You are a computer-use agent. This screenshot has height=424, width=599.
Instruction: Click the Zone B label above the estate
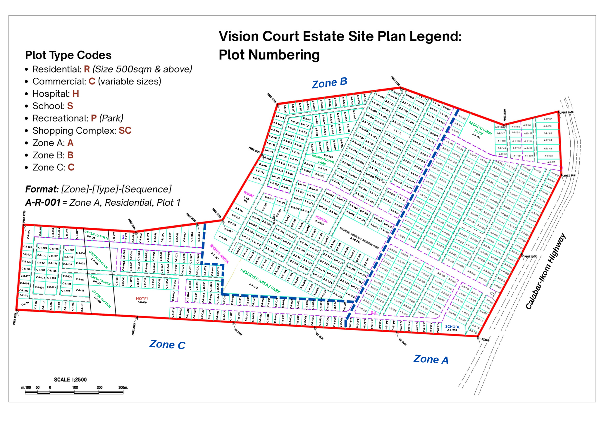click(329, 83)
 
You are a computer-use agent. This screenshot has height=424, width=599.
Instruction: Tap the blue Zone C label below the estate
click(167, 344)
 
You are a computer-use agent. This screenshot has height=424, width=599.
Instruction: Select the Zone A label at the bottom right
click(431, 359)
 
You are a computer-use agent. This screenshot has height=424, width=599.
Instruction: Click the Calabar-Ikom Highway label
click(545, 271)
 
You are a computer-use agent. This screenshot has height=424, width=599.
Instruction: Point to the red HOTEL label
click(142, 299)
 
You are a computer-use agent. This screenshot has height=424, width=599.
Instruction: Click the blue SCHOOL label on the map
click(452, 327)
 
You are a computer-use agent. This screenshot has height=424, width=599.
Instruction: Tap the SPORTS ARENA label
click(219, 254)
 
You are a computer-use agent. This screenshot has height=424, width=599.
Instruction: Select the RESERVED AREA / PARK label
click(260, 281)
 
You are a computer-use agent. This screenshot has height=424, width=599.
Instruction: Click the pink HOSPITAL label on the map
click(321, 219)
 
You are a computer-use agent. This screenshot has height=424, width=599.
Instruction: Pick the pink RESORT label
click(249, 194)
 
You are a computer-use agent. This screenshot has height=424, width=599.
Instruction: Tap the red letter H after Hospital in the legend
click(76, 94)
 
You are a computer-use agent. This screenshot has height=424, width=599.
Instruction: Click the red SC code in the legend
click(125, 131)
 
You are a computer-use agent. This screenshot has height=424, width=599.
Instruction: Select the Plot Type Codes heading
click(68, 55)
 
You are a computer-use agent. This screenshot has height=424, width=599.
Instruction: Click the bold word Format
click(42, 189)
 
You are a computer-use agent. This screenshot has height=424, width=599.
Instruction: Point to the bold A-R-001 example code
click(43, 202)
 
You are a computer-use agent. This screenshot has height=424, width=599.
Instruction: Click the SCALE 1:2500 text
click(70, 380)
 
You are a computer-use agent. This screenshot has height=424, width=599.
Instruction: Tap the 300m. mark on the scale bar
click(123, 387)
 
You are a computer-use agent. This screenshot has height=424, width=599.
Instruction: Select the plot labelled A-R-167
click(548, 119)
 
